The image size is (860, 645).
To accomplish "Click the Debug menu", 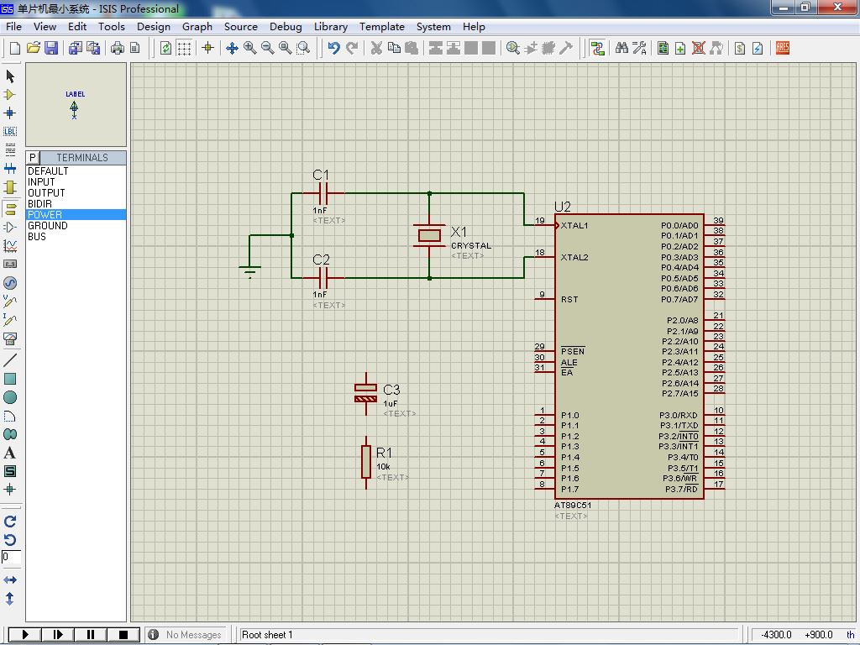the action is pyautogui.click(x=286, y=26).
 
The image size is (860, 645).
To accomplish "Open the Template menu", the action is pyautogui.click(x=382, y=26).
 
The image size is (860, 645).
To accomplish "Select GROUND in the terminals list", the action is pyautogui.click(x=48, y=225).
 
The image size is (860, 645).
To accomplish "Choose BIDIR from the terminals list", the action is pyautogui.click(x=39, y=203).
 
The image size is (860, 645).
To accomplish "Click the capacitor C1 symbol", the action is pyautogui.click(x=323, y=193).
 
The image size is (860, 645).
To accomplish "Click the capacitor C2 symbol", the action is pyautogui.click(x=323, y=277).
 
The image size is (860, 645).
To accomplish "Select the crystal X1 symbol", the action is pyautogui.click(x=429, y=235).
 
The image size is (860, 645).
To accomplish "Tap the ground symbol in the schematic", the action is pyautogui.click(x=249, y=270).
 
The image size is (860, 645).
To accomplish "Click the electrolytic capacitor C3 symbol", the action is pyautogui.click(x=366, y=393).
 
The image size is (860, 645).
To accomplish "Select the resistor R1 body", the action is pyautogui.click(x=366, y=462).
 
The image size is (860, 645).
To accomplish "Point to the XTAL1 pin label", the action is pyautogui.click(x=574, y=225).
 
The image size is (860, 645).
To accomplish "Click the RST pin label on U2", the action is pyautogui.click(x=569, y=300).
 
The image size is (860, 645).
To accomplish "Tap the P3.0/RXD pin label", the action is pyautogui.click(x=679, y=415).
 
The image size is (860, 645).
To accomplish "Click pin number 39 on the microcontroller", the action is pyautogui.click(x=718, y=221).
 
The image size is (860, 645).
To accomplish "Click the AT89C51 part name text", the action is pyautogui.click(x=573, y=505).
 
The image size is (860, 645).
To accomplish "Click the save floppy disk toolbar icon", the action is pyautogui.click(x=51, y=48).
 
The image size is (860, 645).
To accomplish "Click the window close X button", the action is pyautogui.click(x=837, y=7).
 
